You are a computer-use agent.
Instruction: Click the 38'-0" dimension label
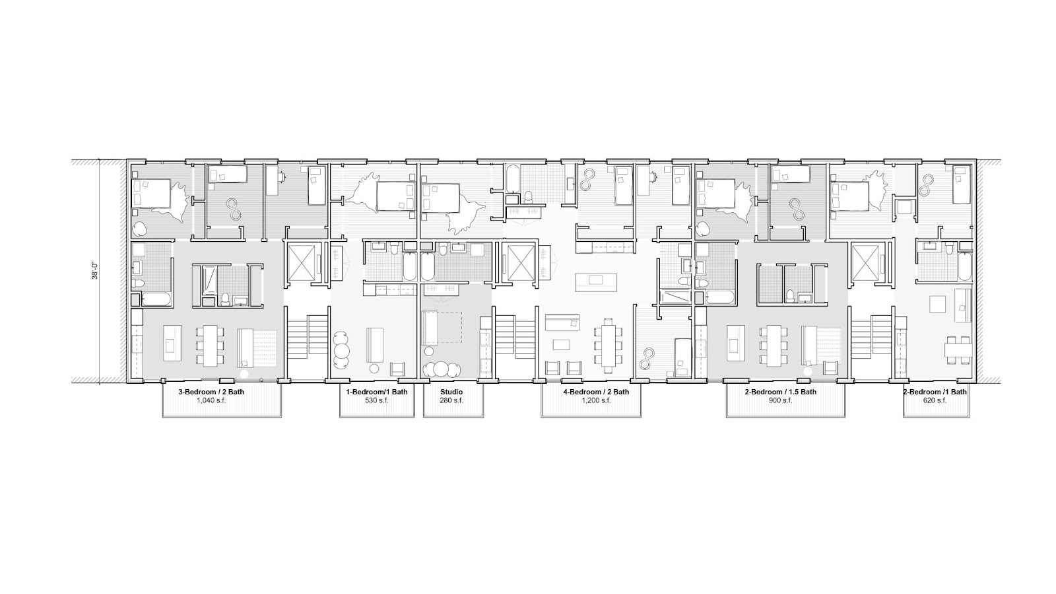click(94, 272)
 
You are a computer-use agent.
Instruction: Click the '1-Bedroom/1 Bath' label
click(377, 392)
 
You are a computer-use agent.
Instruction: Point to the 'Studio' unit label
click(451, 392)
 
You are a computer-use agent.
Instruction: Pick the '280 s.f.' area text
click(451, 400)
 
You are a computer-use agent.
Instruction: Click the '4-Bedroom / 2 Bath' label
click(596, 392)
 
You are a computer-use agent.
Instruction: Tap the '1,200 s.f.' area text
click(596, 400)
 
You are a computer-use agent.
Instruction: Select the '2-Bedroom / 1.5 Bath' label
click(785, 392)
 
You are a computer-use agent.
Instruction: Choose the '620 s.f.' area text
click(935, 400)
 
